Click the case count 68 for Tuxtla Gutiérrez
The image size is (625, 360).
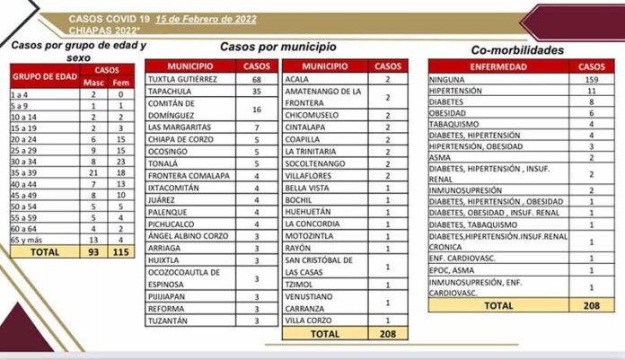click(256, 79)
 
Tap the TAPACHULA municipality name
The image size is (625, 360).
click(174, 91)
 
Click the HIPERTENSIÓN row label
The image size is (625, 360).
click(457, 91)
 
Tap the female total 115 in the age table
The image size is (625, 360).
click(120, 253)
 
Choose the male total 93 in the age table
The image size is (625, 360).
click(92, 253)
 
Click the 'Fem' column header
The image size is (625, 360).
click(120, 83)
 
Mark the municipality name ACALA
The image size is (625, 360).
click(299, 79)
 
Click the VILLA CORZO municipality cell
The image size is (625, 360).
click(309, 320)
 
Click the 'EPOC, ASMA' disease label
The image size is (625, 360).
click(453, 269)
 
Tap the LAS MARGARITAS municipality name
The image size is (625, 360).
click(180, 127)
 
